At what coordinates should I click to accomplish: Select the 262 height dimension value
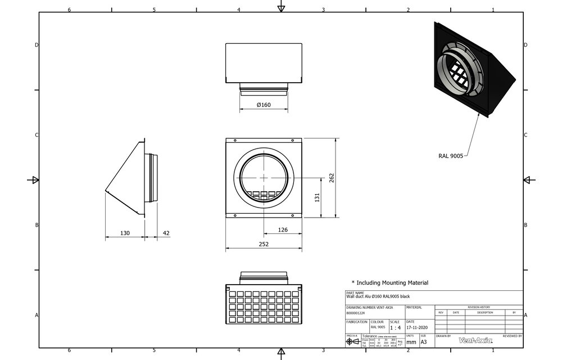coord(332,177)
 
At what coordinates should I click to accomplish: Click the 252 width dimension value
coord(264,244)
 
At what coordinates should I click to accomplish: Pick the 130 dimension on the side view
coord(124,233)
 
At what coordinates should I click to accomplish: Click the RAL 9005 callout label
coord(451,156)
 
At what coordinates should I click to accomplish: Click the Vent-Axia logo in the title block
coord(475,340)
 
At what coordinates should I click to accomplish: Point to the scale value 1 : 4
coord(396,327)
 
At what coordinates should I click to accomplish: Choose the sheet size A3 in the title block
coord(424,341)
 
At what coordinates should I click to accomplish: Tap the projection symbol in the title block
coord(353,341)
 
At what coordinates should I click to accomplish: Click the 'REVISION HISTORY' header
coord(479,307)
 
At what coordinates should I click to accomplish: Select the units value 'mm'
coord(411,341)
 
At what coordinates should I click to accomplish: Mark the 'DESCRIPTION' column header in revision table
coord(485,312)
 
